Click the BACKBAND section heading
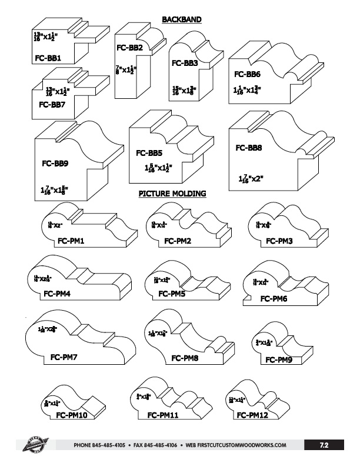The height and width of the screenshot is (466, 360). [x=182, y=19]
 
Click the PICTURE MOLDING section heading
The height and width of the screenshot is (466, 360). [x=172, y=194]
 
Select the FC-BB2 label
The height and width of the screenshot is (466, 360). [x=130, y=48]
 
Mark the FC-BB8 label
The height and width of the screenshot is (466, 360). [x=249, y=148]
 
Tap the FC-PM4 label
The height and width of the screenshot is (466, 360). [x=56, y=293]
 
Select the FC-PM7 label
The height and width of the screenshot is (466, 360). [x=64, y=357]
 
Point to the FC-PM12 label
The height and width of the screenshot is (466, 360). [x=254, y=415]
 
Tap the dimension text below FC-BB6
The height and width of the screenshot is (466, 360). [x=246, y=91]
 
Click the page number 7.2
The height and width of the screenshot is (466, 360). [x=324, y=445]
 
